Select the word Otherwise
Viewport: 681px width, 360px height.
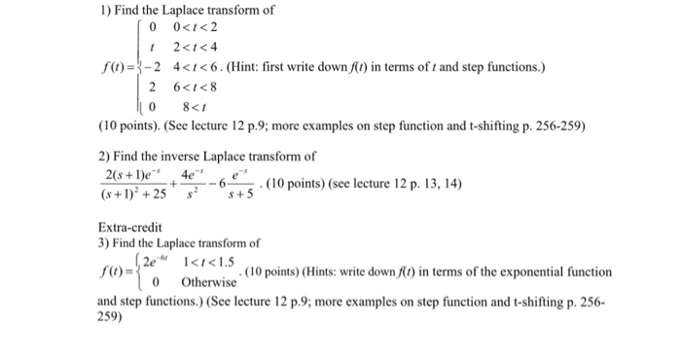tap(211, 280)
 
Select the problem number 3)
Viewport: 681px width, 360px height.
tap(105, 243)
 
